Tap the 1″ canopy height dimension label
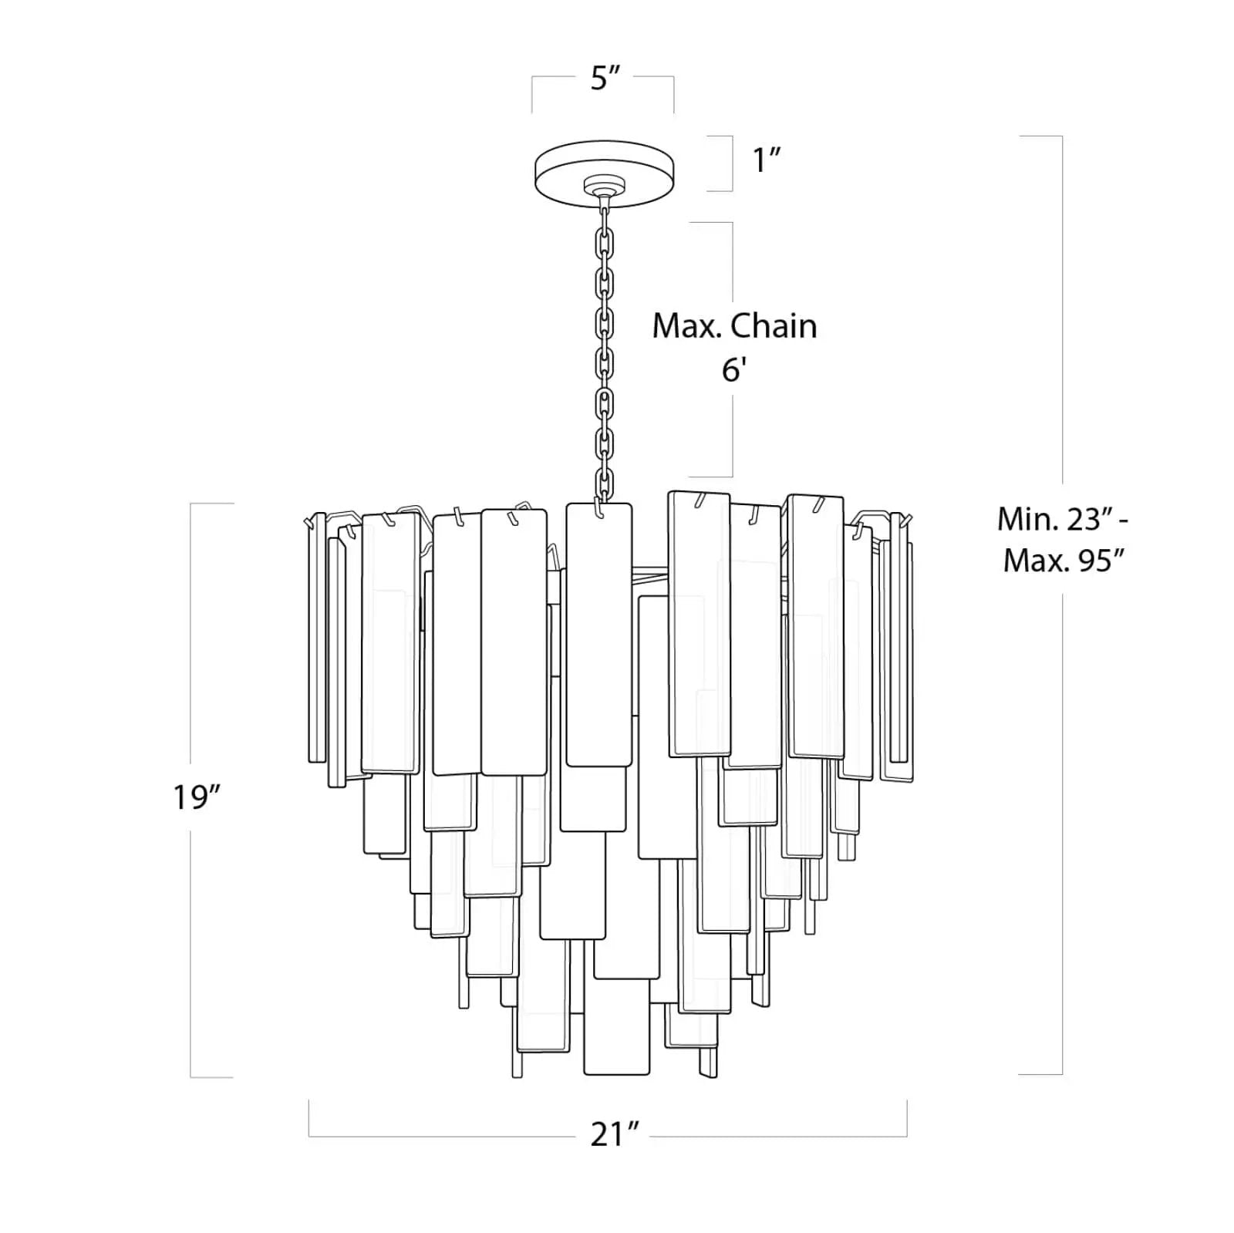click(767, 160)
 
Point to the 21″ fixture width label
click(615, 1134)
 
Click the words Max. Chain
click(734, 326)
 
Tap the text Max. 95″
click(1066, 561)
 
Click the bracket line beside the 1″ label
click(731, 163)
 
